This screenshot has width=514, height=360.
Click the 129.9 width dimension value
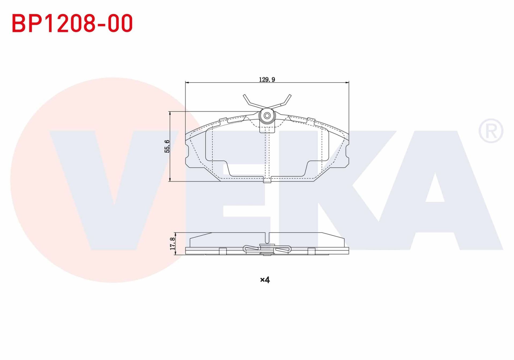point(267,80)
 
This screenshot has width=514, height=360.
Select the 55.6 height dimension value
point(167,146)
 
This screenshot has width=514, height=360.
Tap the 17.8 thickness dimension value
point(173,243)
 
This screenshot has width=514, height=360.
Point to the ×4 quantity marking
point(265,280)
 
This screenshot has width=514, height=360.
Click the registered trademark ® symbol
point(491,131)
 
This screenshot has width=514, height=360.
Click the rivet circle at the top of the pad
point(267,116)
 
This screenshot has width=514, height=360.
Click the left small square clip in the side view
point(223,251)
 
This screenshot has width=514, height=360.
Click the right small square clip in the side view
point(311,251)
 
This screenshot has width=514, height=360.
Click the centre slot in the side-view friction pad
point(267,238)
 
